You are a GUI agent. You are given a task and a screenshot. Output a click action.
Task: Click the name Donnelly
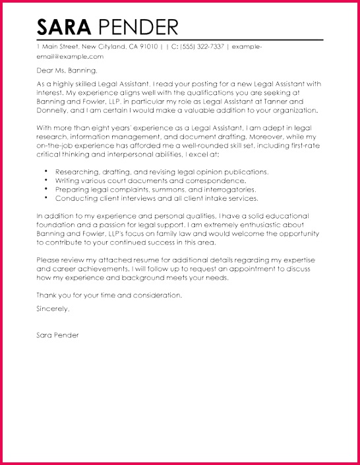(x=53, y=111)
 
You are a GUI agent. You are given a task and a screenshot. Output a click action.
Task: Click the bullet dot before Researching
(x=47, y=171)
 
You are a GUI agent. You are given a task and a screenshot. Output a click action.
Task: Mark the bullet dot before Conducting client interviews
(x=47, y=198)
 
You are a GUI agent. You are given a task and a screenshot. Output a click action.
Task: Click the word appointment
(x=232, y=269)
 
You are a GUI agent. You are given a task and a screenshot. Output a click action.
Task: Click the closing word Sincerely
(x=53, y=308)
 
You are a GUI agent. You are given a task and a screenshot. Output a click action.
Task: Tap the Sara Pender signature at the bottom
(x=57, y=335)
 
